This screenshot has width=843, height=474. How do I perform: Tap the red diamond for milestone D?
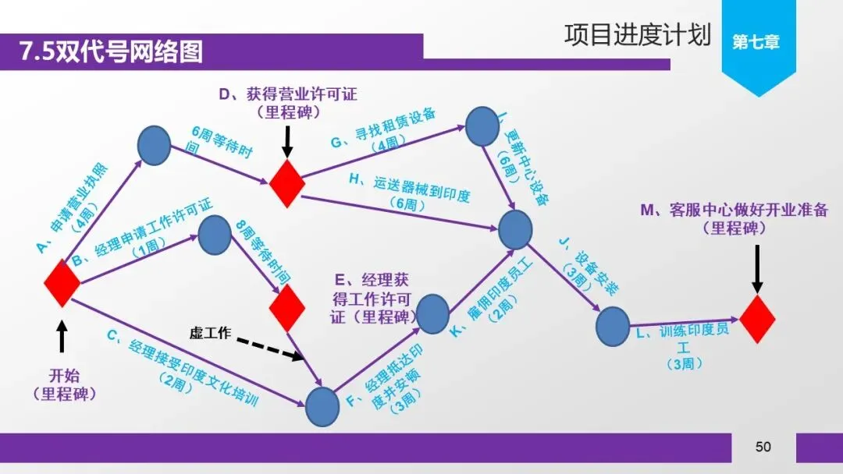coord(286,183)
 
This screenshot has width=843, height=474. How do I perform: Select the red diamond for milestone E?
coord(286,307)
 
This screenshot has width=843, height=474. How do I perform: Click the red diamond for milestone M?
coord(756,318)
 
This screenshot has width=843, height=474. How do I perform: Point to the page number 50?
coord(763,447)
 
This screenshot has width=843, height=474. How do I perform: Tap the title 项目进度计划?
coord(637,35)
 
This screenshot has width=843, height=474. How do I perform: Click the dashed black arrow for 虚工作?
coord(270,349)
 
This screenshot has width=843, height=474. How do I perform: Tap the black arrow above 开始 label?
coord(62,338)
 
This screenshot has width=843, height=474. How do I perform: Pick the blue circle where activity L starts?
coord(612,327)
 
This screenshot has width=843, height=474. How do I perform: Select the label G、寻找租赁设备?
coord(383,130)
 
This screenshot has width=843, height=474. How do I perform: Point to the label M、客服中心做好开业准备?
coord(734,219)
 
